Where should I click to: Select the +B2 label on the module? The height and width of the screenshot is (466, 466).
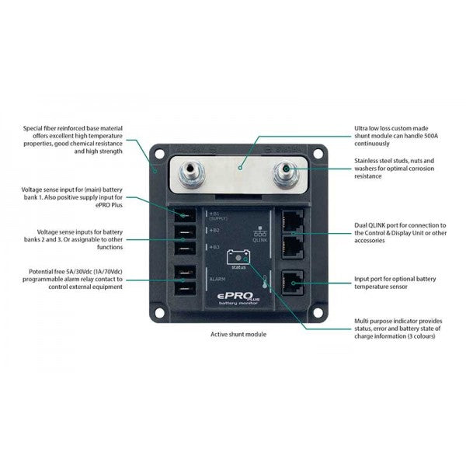click(214, 230)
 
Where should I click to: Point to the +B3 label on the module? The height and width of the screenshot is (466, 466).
click(214, 246)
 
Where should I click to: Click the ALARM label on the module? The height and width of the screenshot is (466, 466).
click(217, 277)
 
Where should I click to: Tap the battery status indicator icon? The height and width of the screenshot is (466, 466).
click(236, 256)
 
